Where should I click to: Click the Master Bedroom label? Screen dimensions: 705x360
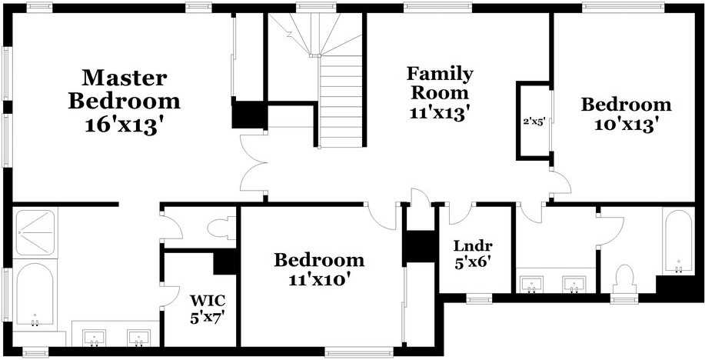click(124, 89)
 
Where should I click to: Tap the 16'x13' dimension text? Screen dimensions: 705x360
click(124, 124)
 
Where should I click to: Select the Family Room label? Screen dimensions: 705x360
click(441, 83)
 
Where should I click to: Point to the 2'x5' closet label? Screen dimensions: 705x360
click(534, 121)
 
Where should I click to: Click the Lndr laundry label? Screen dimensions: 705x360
click(473, 246)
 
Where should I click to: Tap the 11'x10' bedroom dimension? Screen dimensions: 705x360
click(319, 279)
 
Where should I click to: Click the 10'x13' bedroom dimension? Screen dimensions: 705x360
click(627, 124)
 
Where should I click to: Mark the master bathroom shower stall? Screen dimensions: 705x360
click(35, 232)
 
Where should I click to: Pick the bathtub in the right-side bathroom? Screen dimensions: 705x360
click(678, 242)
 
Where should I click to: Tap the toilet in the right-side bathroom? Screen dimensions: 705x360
click(624, 280)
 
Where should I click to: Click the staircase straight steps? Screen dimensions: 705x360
click(341, 102)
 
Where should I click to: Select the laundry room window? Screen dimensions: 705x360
click(479, 298)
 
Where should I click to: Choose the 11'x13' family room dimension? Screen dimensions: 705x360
click(441, 112)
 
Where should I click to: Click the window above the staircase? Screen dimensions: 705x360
click(316, 7)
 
